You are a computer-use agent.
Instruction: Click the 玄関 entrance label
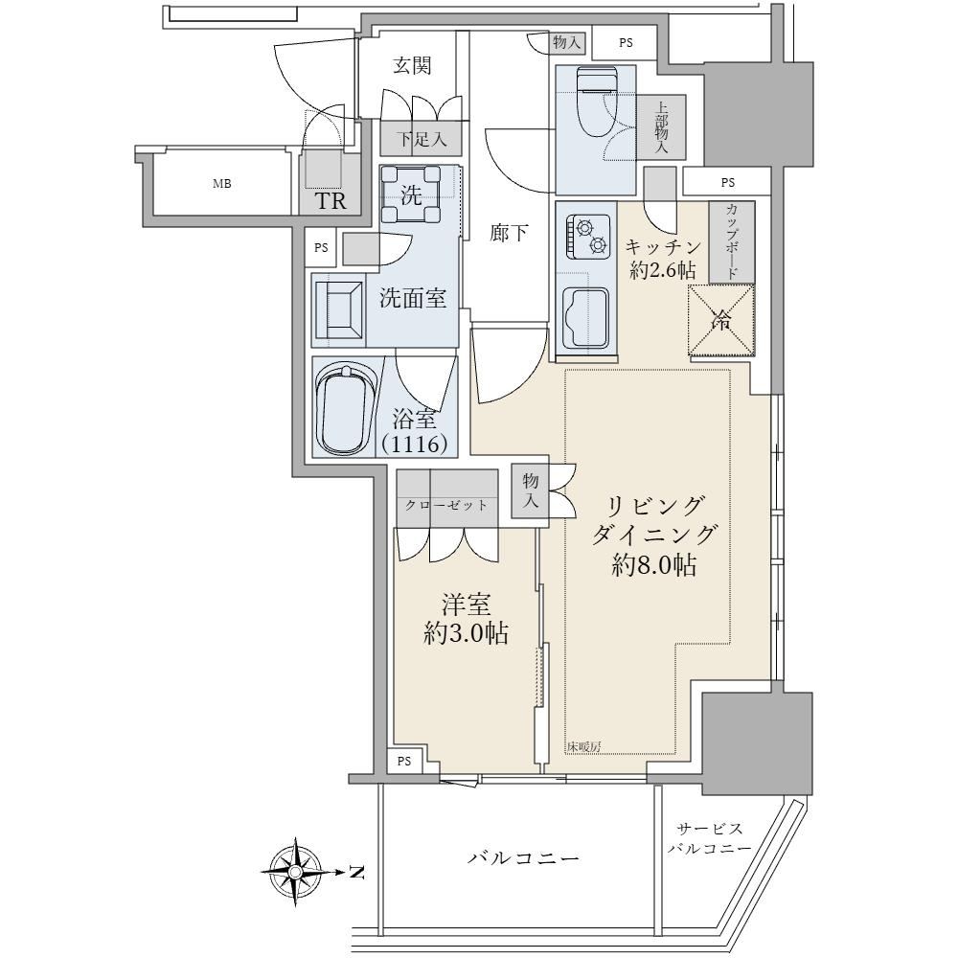(412, 65)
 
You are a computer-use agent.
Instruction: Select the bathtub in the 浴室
(345, 408)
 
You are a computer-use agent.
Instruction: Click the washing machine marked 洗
(411, 195)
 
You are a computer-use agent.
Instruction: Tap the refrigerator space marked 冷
(721, 320)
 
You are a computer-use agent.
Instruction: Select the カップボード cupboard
(731, 242)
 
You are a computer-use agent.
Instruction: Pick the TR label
(331, 200)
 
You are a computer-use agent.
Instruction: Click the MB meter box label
(222, 183)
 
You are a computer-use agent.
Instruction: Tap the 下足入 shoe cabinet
(421, 139)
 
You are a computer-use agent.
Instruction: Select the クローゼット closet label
(446, 505)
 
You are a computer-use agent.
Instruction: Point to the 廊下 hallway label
(509, 232)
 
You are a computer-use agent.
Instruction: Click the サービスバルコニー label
(709, 838)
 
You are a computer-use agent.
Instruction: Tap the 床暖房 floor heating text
(583, 746)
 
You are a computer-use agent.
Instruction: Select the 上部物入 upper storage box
(662, 127)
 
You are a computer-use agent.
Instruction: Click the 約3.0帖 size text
(467, 633)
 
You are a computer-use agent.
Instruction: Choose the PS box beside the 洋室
(404, 762)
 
